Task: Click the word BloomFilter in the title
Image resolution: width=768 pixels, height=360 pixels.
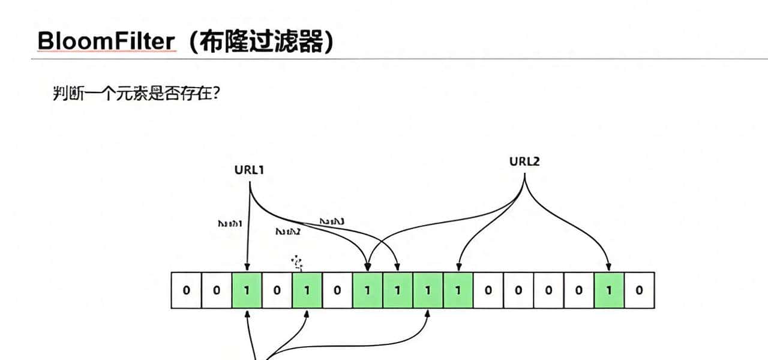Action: [106, 42]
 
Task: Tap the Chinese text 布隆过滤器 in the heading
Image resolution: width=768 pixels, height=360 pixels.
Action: [262, 42]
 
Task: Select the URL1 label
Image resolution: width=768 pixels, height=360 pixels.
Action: [249, 170]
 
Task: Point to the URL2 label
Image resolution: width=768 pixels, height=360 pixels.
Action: [524, 161]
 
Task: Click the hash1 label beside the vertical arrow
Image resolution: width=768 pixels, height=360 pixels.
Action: [229, 223]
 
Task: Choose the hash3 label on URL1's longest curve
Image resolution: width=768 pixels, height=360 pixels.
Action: [332, 221]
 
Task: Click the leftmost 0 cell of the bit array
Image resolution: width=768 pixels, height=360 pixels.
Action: [186, 290]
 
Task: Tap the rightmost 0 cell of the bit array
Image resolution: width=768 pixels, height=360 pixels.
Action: [639, 290]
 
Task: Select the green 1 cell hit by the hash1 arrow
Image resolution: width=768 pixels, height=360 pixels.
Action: [247, 290]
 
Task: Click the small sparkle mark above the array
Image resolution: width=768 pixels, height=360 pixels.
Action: [298, 262]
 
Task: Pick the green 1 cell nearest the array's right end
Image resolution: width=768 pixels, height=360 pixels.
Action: [609, 290]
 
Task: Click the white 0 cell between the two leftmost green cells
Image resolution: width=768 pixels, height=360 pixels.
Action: [277, 290]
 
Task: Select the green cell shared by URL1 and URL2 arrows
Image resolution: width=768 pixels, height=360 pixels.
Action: [367, 290]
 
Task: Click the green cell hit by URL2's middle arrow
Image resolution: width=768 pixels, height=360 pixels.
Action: [458, 290]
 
